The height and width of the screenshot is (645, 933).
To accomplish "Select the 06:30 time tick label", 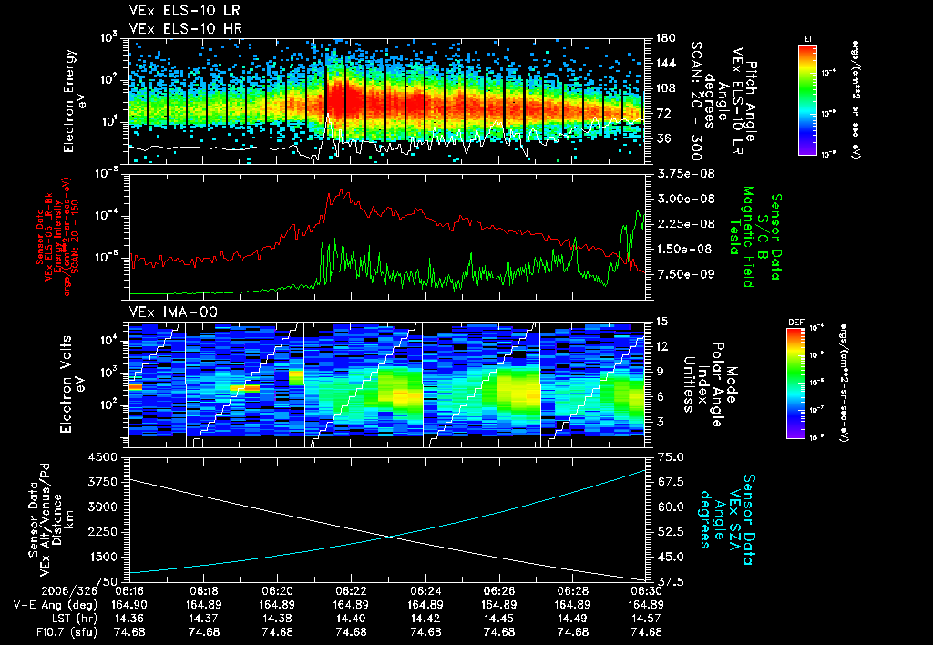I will tap(646, 590).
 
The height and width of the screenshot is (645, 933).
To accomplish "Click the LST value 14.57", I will tap(646, 618).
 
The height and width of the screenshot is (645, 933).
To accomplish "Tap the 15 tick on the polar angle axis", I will tap(661, 322).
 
